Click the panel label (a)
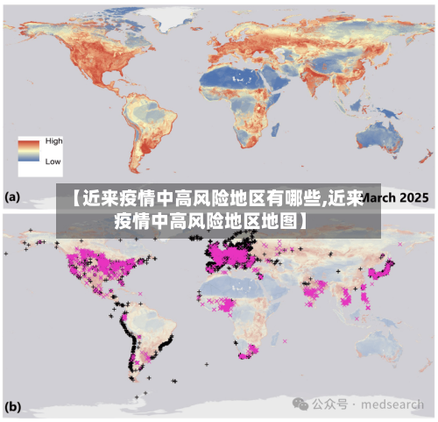pos(12,198)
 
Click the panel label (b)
pos(12,407)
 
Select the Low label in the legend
pos(53,161)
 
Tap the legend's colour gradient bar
pos(31,151)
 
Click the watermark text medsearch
pos(394,404)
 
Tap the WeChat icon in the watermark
pos(301,404)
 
